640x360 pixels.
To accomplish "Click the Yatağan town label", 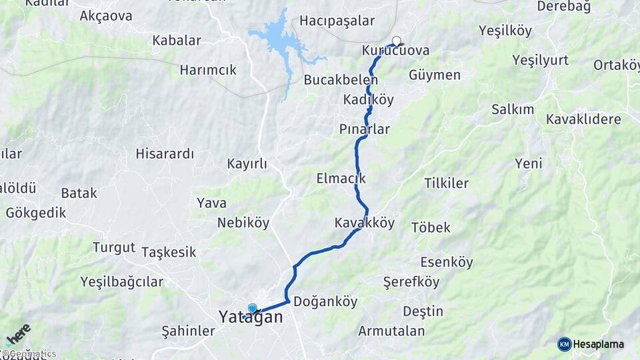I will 251,319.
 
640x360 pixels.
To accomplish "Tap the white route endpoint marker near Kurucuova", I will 397,40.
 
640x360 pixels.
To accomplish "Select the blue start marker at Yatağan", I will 253,309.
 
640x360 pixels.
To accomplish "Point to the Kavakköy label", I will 365,223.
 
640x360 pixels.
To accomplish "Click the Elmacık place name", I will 341,179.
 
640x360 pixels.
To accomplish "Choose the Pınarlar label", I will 364,129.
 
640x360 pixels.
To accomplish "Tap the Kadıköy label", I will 369,100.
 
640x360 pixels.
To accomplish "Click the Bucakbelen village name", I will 341,80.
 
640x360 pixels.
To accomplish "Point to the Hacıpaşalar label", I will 337,21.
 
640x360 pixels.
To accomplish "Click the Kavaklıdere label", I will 583,119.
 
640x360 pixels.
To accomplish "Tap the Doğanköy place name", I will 325,301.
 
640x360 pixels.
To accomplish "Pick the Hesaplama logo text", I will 598,344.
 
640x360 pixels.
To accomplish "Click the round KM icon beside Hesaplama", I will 564,344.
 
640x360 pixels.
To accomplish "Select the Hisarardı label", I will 165,154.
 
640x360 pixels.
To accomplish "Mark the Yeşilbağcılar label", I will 121,281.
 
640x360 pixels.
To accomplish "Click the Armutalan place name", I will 391,331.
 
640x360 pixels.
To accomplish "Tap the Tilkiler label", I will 446,183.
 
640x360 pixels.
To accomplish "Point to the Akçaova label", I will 105,16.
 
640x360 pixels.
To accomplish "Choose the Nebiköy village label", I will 243,223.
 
